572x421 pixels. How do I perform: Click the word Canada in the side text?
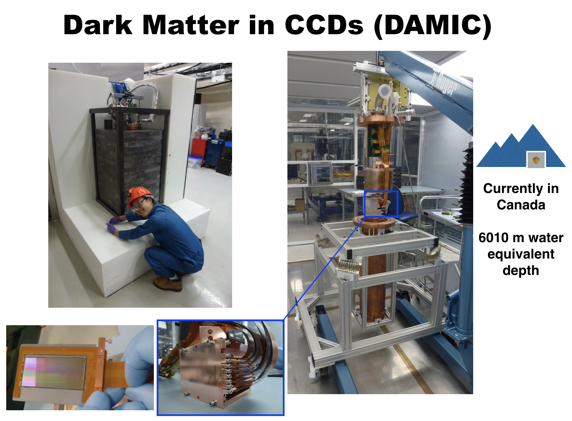click(x=521, y=205)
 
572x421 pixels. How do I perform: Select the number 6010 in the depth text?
click(x=493, y=238)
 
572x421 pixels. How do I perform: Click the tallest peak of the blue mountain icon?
click(x=533, y=125)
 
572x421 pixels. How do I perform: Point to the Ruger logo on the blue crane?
click(x=444, y=82)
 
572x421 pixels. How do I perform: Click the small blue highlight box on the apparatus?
click(x=381, y=204)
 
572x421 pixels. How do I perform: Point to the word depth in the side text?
click(x=521, y=270)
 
